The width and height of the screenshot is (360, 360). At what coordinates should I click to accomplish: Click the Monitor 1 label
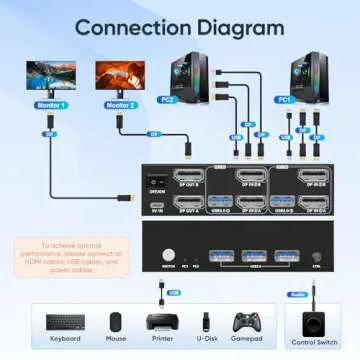[x=49, y=105]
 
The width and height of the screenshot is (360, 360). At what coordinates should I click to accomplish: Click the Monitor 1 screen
[x=50, y=75]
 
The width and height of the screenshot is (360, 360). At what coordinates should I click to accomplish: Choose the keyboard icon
[x=65, y=323]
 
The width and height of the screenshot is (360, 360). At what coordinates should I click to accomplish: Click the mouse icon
[x=115, y=323]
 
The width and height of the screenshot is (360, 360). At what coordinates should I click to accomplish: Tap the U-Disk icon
[x=203, y=322]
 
